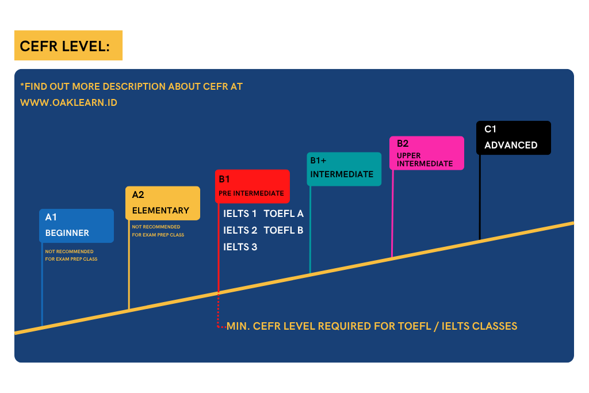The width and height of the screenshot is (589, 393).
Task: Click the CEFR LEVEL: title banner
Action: [68, 45]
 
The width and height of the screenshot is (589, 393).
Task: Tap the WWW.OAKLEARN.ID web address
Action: [69, 102]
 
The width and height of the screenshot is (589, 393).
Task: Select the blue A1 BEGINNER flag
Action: [77, 226]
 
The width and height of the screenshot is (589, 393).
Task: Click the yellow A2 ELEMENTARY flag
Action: [163, 203]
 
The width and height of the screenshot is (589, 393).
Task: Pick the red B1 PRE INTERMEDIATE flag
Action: [253, 186]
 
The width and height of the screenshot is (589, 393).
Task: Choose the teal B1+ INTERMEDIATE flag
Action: [344, 169]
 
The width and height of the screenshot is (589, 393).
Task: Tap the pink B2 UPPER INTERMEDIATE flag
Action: [427, 153]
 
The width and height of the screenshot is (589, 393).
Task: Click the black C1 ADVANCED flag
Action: [514, 138]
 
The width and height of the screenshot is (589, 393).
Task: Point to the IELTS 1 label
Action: [240, 214]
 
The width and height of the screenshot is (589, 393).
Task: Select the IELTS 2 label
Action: [240, 230]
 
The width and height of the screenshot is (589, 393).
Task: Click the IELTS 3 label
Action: [240, 247]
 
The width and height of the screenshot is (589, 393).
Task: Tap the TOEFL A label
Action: [284, 214]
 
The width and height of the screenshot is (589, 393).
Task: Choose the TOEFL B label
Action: [283, 230]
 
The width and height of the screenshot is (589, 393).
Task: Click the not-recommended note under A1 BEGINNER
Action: [71, 255]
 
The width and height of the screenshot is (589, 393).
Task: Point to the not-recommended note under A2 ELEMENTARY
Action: [158, 231]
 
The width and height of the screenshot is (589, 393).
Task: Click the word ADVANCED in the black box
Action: [511, 145]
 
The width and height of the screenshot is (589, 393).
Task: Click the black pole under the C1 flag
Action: [480, 197]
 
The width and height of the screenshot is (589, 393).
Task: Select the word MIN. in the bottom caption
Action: [238, 326]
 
